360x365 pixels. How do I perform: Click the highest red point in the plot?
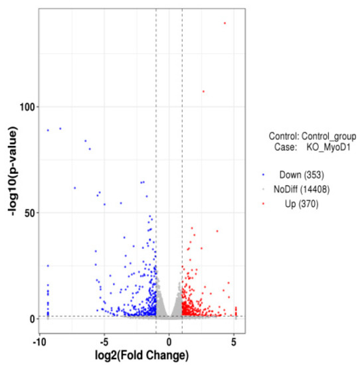(225, 23)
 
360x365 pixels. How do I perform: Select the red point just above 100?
(203, 92)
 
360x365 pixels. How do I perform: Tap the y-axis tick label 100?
(27, 107)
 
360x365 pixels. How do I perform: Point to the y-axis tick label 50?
(29, 213)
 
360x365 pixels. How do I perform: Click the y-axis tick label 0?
(32, 319)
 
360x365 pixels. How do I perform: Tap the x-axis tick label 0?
(169, 342)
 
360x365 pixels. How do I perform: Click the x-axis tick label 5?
(234, 342)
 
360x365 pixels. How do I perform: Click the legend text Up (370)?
(290, 204)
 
